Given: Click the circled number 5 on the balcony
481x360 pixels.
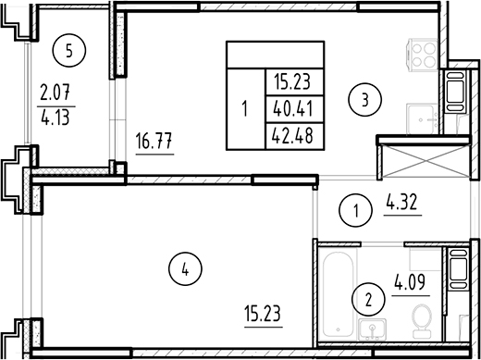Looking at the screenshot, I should click(x=65, y=50).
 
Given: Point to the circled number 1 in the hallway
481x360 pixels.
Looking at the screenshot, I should click(x=357, y=212).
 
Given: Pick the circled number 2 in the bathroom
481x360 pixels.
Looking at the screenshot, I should click(x=368, y=299).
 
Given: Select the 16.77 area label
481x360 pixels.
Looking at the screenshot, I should click(x=154, y=143).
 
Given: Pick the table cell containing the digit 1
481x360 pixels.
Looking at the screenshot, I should click(x=244, y=108).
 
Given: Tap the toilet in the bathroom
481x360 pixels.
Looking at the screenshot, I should click(x=422, y=324).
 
